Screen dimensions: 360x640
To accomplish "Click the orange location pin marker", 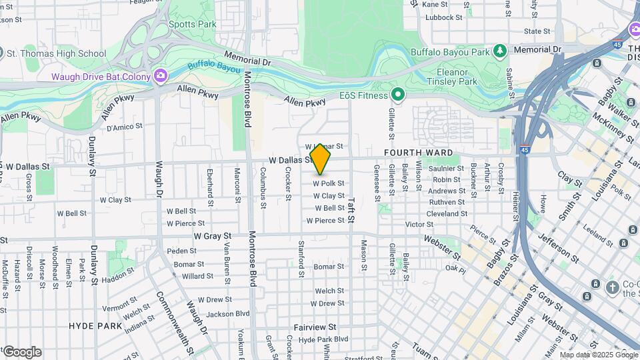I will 321,159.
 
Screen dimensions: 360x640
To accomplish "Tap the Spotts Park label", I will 193,24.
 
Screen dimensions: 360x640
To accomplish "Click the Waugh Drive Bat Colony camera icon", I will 160,76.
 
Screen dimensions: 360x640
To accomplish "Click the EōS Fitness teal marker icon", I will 398,95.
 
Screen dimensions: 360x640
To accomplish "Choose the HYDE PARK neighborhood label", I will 95,326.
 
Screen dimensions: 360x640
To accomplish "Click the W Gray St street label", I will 213,236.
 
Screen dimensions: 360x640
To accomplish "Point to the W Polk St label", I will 328,183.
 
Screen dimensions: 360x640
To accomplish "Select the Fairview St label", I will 315,327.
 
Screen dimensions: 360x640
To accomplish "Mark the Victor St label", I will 419,225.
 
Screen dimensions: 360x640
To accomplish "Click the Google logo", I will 21,352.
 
